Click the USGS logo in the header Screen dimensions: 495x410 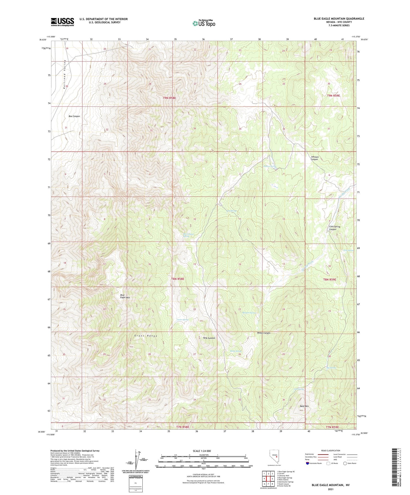tap(62, 22)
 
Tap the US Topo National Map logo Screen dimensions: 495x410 tap(204, 23)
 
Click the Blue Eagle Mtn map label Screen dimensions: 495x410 tap(125, 296)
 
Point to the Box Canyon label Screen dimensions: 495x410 tap(74, 116)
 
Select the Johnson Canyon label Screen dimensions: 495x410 tap(314, 158)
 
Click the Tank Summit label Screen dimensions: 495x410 tap(209, 338)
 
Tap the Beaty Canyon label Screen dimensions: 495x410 tap(264, 333)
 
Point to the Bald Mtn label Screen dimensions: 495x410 tap(304, 406)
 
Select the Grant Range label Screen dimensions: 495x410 tap(146, 336)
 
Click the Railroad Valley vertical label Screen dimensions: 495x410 tap(65, 75)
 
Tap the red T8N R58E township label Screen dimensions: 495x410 tap(178, 279)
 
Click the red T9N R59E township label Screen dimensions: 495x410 tap(333, 96)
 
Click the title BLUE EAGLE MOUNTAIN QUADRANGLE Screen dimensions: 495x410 tap(339, 19)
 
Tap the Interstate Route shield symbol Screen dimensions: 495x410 tap(307, 463)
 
